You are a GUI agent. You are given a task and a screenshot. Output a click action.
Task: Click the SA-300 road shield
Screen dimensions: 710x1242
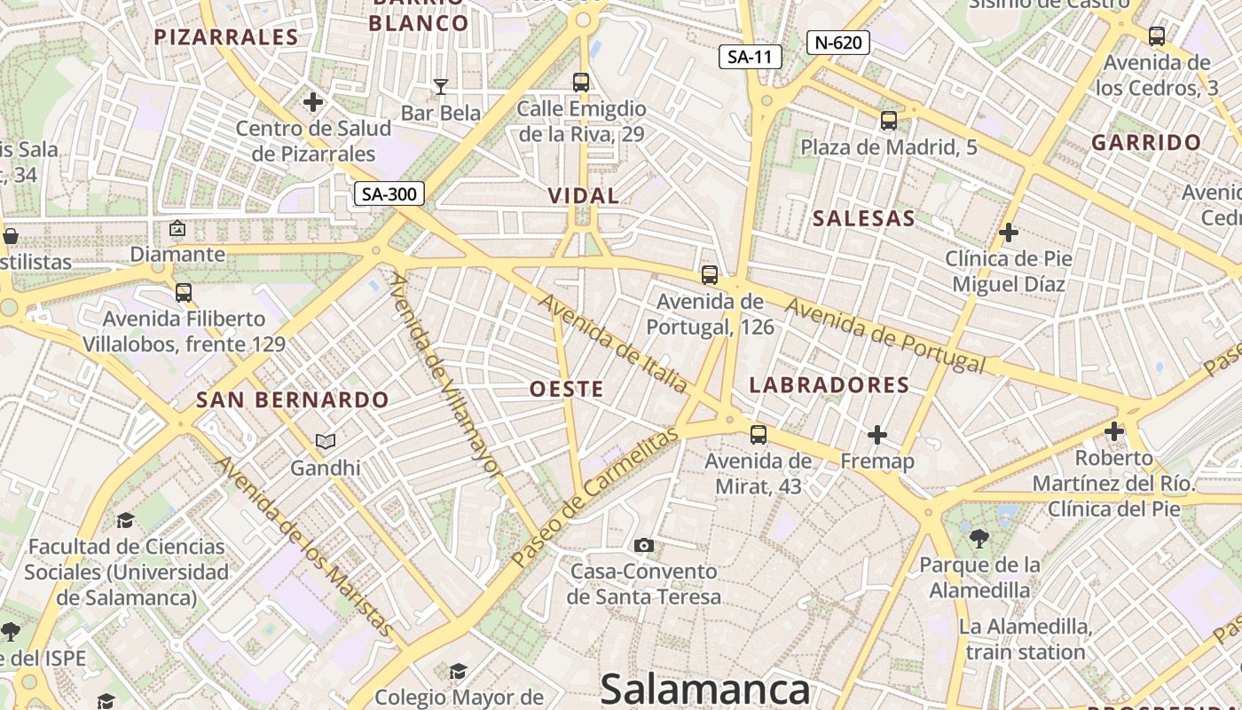[x=389, y=193]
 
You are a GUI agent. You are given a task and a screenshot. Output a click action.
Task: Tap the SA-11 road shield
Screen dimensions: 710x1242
[x=750, y=58]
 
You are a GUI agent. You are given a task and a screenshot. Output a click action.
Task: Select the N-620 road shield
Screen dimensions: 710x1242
[x=837, y=42]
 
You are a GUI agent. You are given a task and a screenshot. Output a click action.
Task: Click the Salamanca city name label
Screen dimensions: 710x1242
[x=704, y=689]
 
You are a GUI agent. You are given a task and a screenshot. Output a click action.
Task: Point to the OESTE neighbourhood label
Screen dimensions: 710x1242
[x=566, y=389]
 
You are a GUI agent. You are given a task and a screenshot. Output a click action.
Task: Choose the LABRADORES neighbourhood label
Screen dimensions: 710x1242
[x=829, y=384]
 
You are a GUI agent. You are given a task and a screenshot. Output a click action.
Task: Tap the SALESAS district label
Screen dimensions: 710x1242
[x=863, y=218]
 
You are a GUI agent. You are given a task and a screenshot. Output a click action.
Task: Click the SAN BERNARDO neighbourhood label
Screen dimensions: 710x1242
[x=293, y=399]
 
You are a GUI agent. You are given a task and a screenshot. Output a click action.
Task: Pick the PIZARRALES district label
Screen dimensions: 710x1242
[x=225, y=36]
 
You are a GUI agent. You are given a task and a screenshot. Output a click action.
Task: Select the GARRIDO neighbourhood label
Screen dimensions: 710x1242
[x=1146, y=142]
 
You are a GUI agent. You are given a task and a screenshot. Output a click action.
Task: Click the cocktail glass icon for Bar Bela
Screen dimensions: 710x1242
[x=440, y=86]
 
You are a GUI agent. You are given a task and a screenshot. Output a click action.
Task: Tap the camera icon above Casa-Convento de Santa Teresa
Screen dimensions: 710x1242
[x=644, y=545]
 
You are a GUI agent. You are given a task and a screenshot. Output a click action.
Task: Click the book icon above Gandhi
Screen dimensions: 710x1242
[x=326, y=441]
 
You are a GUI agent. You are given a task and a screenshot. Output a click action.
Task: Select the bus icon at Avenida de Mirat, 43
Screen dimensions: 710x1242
[x=758, y=434]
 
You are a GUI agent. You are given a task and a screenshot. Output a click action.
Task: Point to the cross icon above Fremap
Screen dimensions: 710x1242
[x=876, y=435]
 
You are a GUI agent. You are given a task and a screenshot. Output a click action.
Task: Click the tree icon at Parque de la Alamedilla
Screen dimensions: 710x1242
[x=979, y=538]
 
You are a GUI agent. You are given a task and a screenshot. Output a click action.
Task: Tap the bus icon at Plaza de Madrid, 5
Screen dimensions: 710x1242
[x=888, y=120]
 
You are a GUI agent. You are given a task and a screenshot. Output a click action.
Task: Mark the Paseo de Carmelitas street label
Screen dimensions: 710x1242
[x=594, y=497]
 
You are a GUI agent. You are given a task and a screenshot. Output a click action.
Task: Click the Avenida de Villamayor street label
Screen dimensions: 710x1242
[x=445, y=376]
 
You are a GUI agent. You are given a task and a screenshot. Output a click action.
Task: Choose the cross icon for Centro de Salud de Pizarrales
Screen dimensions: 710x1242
[x=312, y=102]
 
